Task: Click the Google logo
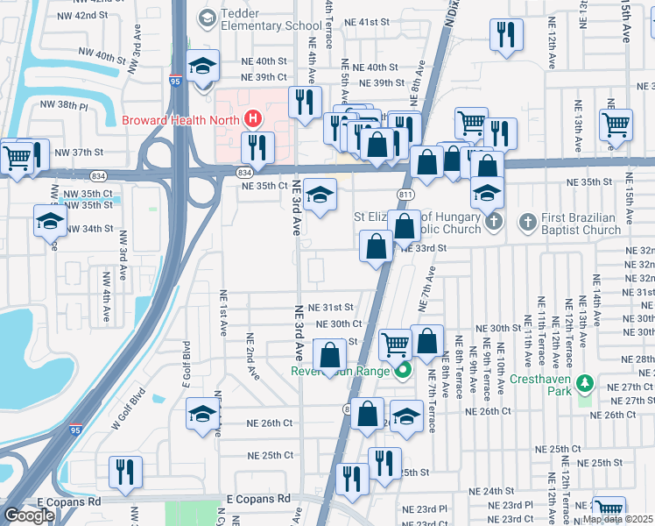pos(29,515)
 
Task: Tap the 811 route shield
pos(405,193)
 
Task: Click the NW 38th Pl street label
pos(65,105)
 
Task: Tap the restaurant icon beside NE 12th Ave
pos(505,35)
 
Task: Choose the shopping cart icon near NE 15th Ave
pos(616,125)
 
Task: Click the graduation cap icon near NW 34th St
pos(50,221)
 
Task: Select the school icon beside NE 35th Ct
pos(320,196)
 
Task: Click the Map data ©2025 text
pos(616,519)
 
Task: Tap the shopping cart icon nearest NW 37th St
pos(17,159)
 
